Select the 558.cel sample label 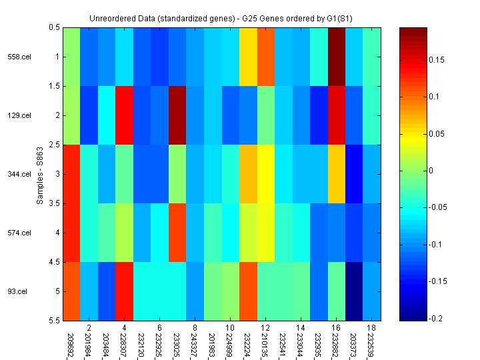(19, 57)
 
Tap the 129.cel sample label (19, 115)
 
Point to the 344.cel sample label (19, 174)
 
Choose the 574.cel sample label (19, 233)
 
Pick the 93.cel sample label (17, 291)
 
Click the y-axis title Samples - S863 (41, 173)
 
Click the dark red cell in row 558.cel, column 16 (336, 57)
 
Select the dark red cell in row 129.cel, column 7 (177, 115)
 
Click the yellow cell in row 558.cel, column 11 (248, 57)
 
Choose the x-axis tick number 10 (229, 329)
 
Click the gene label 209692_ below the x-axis (71, 344)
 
